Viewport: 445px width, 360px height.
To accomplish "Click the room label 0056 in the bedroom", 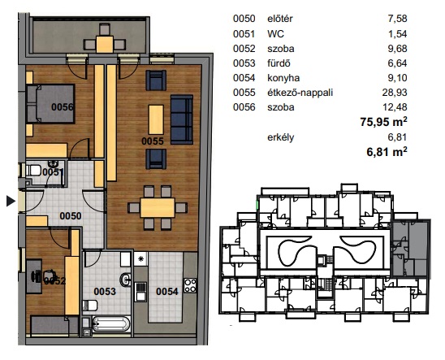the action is [63, 107].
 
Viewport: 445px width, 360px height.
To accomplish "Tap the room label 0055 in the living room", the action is [153, 141].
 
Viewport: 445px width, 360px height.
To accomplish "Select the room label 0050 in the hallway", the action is [71, 216].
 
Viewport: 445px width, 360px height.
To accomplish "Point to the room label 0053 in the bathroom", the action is [105, 291].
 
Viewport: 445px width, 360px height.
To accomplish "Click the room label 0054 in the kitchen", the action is [167, 291].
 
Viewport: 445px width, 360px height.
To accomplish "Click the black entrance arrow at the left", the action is [11, 201].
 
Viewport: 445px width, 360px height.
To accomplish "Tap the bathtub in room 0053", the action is [111, 323].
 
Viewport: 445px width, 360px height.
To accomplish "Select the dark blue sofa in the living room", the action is [182, 119].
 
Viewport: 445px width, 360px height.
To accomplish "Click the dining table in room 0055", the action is [158, 207].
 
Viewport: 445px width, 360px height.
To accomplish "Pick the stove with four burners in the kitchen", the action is [190, 285].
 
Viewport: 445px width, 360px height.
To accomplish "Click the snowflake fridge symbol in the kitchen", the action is [140, 259].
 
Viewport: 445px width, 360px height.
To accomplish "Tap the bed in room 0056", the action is [50, 104].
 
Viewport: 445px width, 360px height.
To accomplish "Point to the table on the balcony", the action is [105, 44].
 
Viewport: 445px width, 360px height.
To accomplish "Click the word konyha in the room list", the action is [283, 78].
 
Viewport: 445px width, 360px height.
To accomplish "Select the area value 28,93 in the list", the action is [395, 93].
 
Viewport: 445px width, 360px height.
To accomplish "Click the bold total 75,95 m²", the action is [383, 122].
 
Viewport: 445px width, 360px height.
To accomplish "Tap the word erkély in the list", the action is [280, 137].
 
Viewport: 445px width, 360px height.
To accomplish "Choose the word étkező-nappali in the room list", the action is [300, 93].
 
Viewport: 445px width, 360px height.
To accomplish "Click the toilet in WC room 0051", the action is [33, 171].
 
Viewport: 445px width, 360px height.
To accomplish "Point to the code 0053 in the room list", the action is [244, 63].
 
